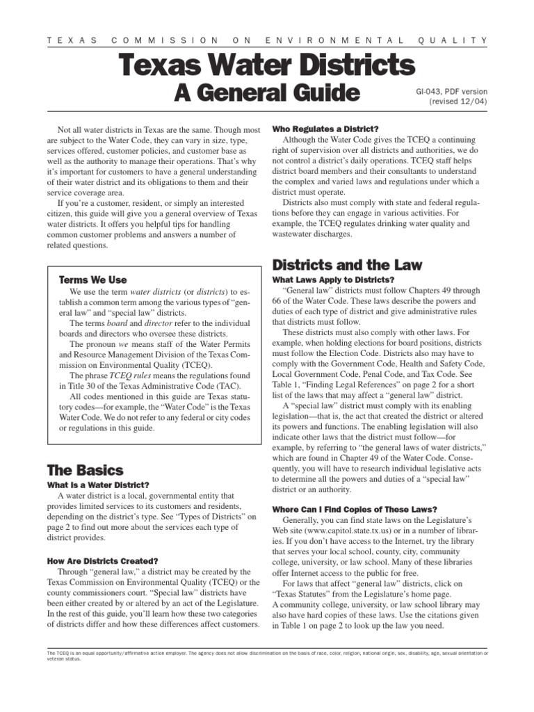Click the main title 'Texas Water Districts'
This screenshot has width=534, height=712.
(267, 65)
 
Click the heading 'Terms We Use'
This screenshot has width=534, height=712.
(93, 280)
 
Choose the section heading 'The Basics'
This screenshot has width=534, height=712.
(85, 470)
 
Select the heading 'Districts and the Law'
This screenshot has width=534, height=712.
(347, 264)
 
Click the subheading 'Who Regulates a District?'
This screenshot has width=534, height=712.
(325, 129)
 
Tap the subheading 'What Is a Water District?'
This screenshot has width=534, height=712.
(98, 485)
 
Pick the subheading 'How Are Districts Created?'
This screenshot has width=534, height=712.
(102, 561)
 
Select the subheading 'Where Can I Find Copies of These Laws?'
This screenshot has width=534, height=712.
(355, 508)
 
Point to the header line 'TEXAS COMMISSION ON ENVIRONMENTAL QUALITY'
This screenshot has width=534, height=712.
(267, 40)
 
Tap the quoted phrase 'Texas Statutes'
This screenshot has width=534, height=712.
(310, 594)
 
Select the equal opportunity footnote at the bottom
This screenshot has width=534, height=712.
(267, 656)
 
